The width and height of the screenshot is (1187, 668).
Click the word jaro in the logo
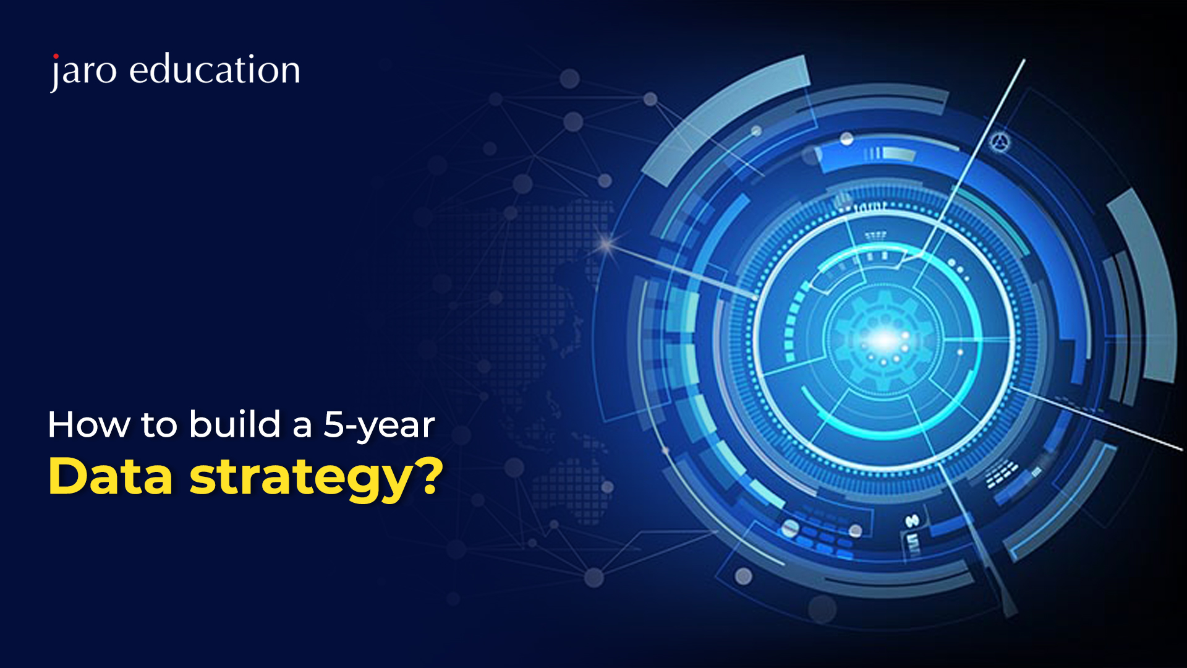(83, 71)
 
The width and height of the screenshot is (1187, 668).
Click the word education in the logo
(215, 69)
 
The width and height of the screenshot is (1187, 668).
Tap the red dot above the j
(56, 56)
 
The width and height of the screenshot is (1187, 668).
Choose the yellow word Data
(110, 476)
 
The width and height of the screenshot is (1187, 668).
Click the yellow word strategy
(300, 480)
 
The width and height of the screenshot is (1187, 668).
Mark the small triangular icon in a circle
(1000, 143)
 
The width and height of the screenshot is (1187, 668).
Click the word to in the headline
(160, 425)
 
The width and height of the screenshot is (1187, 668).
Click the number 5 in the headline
(334, 425)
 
